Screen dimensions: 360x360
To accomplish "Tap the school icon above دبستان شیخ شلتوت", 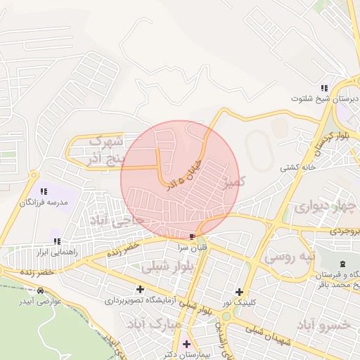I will (324, 88).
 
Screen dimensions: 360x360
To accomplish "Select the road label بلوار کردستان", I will (333, 137).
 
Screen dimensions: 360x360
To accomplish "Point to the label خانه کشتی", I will (298, 167).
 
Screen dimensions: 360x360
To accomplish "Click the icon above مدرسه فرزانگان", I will (44, 191).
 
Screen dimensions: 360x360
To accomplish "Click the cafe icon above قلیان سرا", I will (193, 236).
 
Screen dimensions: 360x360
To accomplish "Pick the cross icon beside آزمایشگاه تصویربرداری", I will (140, 288).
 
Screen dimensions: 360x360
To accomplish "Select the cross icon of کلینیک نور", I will (240, 291).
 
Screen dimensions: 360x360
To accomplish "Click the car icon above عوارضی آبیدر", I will (40, 290).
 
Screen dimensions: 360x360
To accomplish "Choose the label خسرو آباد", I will (324, 324).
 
